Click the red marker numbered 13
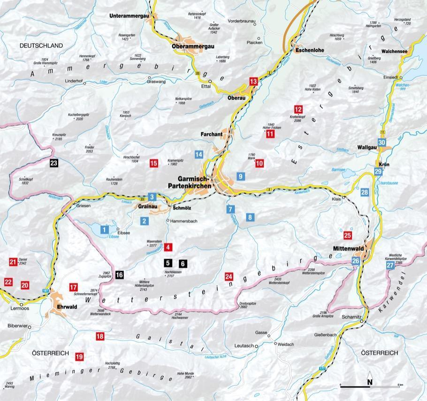pyautogui.click(x=254, y=82)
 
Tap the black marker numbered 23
pyautogui.click(x=54, y=163)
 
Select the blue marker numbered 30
pyautogui.click(x=382, y=143)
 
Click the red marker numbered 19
pyautogui.click(x=79, y=357)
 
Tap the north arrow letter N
pyautogui.click(x=370, y=381)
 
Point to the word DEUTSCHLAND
pyautogui.click(x=41, y=45)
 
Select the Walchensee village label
pyautogui.click(x=394, y=51)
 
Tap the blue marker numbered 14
pyautogui.click(x=199, y=154)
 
